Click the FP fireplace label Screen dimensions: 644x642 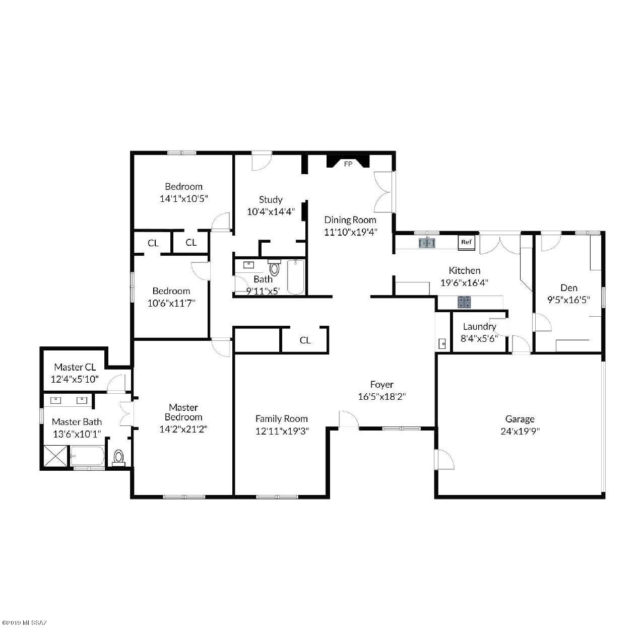(x=348, y=164)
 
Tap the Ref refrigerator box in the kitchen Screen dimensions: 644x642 (x=467, y=242)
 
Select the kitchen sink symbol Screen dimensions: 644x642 (x=427, y=243)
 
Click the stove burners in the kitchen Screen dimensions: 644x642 (x=464, y=302)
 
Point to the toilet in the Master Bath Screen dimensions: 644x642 (x=118, y=457)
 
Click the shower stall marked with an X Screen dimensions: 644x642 (x=56, y=456)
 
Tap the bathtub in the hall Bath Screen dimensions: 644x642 (x=296, y=277)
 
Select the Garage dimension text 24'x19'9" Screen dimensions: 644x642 (x=520, y=431)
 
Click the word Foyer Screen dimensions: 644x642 (x=381, y=385)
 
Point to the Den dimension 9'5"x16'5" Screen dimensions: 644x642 (x=569, y=300)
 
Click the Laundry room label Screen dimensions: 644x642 (x=479, y=327)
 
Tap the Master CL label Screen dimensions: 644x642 (x=75, y=367)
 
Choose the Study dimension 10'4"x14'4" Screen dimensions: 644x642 (x=271, y=212)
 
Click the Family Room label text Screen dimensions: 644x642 (x=281, y=418)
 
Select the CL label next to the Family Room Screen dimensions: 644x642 (x=305, y=340)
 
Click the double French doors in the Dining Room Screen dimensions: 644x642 (x=384, y=192)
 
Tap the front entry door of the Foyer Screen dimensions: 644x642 (x=348, y=420)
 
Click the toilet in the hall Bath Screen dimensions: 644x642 (x=274, y=267)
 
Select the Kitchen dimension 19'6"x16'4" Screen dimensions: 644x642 (x=464, y=283)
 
